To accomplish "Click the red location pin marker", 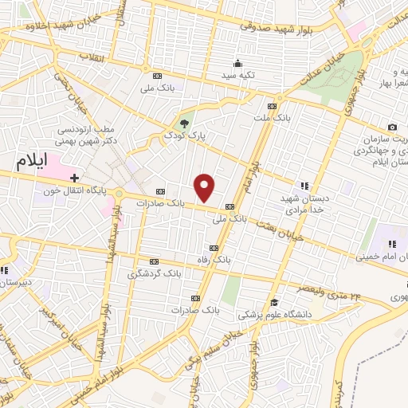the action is [x=206, y=188].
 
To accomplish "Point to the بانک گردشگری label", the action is [x=155, y=273].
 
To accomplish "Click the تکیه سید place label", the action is [x=237, y=76].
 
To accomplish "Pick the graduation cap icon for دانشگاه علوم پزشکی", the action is [x=274, y=302].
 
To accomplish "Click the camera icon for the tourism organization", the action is [x=392, y=127].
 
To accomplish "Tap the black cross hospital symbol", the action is [x=74, y=177].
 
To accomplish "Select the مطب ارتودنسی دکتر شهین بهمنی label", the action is [x=88, y=133].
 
